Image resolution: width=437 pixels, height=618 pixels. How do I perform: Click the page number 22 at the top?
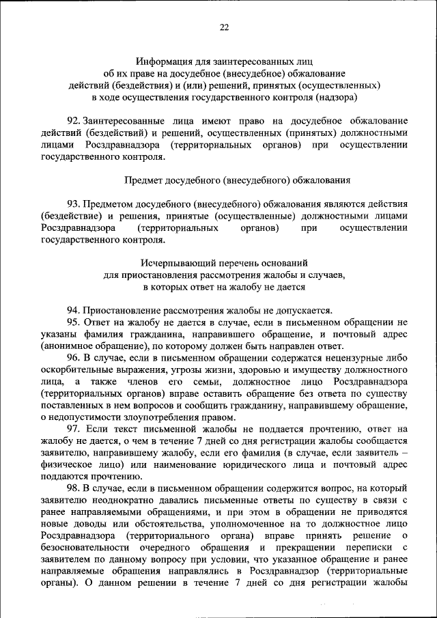[x=224, y=27]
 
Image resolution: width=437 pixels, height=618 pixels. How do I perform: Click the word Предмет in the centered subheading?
[x=143, y=180]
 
